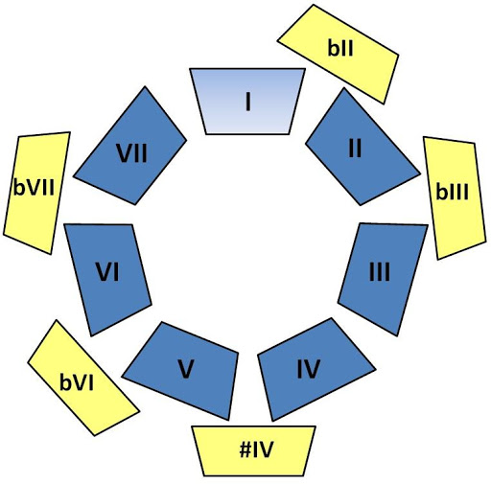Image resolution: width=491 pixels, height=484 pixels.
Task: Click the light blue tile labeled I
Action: pos(247,102)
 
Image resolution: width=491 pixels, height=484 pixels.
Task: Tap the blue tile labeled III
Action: pos(383,277)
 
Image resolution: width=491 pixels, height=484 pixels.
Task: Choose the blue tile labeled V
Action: pos(183,371)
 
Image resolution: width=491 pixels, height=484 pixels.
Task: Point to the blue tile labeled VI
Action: pos(107,278)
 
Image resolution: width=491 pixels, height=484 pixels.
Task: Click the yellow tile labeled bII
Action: pos(339,54)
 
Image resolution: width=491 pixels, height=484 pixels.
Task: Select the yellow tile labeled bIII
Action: pos(455,197)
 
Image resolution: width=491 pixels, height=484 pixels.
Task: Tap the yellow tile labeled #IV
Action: pos(254,450)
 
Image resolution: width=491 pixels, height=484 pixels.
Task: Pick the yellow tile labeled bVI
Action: pos(83,379)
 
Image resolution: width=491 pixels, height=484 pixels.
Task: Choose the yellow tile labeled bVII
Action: pos(36,192)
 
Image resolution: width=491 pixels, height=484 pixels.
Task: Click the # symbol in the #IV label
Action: pos(245,449)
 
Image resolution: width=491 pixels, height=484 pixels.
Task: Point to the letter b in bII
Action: pos(333,48)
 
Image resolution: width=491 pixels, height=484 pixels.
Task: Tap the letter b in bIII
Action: pos(441,192)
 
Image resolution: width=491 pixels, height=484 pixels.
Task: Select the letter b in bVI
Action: pos(65,381)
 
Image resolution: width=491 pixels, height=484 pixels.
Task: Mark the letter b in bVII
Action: pos(18,187)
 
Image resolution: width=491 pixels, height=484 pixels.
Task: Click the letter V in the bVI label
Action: pos(79,382)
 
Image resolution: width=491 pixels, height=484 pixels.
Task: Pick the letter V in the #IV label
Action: pos(266,449)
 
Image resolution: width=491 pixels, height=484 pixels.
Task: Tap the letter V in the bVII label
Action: pos(33,188)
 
